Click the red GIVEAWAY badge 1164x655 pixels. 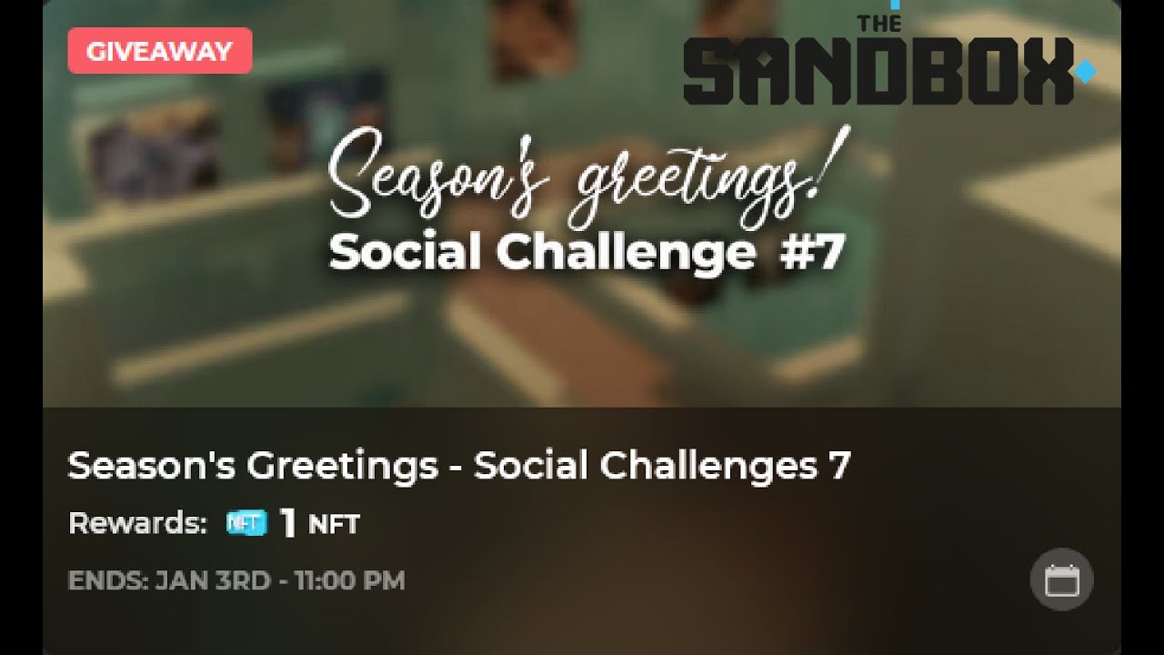(159, 51)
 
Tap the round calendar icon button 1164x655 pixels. (1061, 579)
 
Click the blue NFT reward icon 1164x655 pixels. (246, 523)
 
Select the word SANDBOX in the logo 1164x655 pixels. (878, 72)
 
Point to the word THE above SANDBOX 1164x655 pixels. (880, 24)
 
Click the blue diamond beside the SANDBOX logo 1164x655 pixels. (1085, 71)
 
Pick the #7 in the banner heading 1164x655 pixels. (811, 253)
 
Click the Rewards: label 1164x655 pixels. (137, 523)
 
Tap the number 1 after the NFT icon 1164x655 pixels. (288, 523)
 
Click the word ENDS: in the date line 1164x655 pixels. (107, 580)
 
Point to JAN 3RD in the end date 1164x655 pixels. (213, 580)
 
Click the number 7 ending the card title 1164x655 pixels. (839, 466)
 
